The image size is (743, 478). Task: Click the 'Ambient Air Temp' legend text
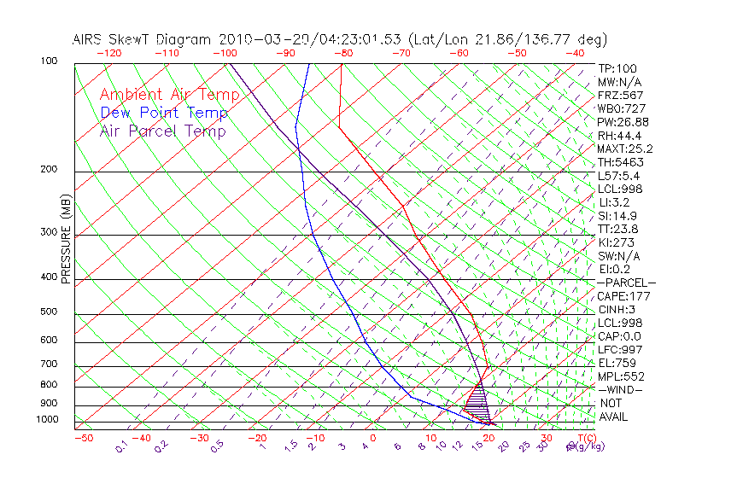coord(162,95)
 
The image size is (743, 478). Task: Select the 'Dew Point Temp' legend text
coord(164,113)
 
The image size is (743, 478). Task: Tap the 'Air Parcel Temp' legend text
coord(163,131)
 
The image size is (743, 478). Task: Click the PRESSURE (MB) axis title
coord(66,239)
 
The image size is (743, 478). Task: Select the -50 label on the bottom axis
coord(83,438)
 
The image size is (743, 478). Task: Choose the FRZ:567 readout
coord(620,95)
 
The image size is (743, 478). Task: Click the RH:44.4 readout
coord(619,136)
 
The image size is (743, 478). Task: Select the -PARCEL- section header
coord(626,283)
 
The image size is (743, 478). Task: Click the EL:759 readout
coord(616,363)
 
